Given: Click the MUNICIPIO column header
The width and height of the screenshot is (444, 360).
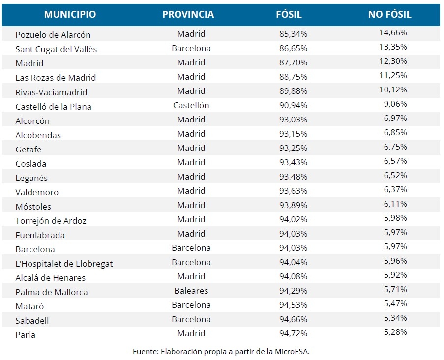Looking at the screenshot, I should pyautogui.click(x=70, y=14).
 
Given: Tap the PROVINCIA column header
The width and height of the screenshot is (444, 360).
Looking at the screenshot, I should pyautogui.click(x=188, y=14).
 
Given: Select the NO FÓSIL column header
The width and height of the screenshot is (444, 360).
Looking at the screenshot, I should pyautogui.click(x=389, y=14).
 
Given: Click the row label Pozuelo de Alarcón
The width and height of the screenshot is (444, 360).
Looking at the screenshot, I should pyautogui.click(x=53, y=35).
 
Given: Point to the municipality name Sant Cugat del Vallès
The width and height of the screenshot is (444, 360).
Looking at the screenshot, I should pyautogui.click(x=56, y=49).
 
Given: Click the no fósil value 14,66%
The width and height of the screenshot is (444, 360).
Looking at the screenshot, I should pyautogui.click(x=393, y=33).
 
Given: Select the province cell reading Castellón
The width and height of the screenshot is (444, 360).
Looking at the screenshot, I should pyautogui.click(x=191, y=105).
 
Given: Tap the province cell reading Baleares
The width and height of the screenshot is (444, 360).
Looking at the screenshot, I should pyautogui.click(x=191, y=291).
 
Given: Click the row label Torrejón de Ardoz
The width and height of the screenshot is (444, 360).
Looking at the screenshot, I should pyautogui.click(x=51, y=221).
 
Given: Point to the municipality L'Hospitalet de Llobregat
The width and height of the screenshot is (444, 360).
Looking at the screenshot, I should pyautogui.click(x=64, y=264).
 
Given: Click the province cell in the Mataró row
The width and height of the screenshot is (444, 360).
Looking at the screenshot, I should pyautogui.click(x=191, y=305).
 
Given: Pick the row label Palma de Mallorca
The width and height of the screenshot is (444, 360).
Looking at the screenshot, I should pyautogui.click(x=52, y=292).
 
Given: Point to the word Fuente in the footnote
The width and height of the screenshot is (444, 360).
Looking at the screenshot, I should pyautogui.click(x=144, y=351).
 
